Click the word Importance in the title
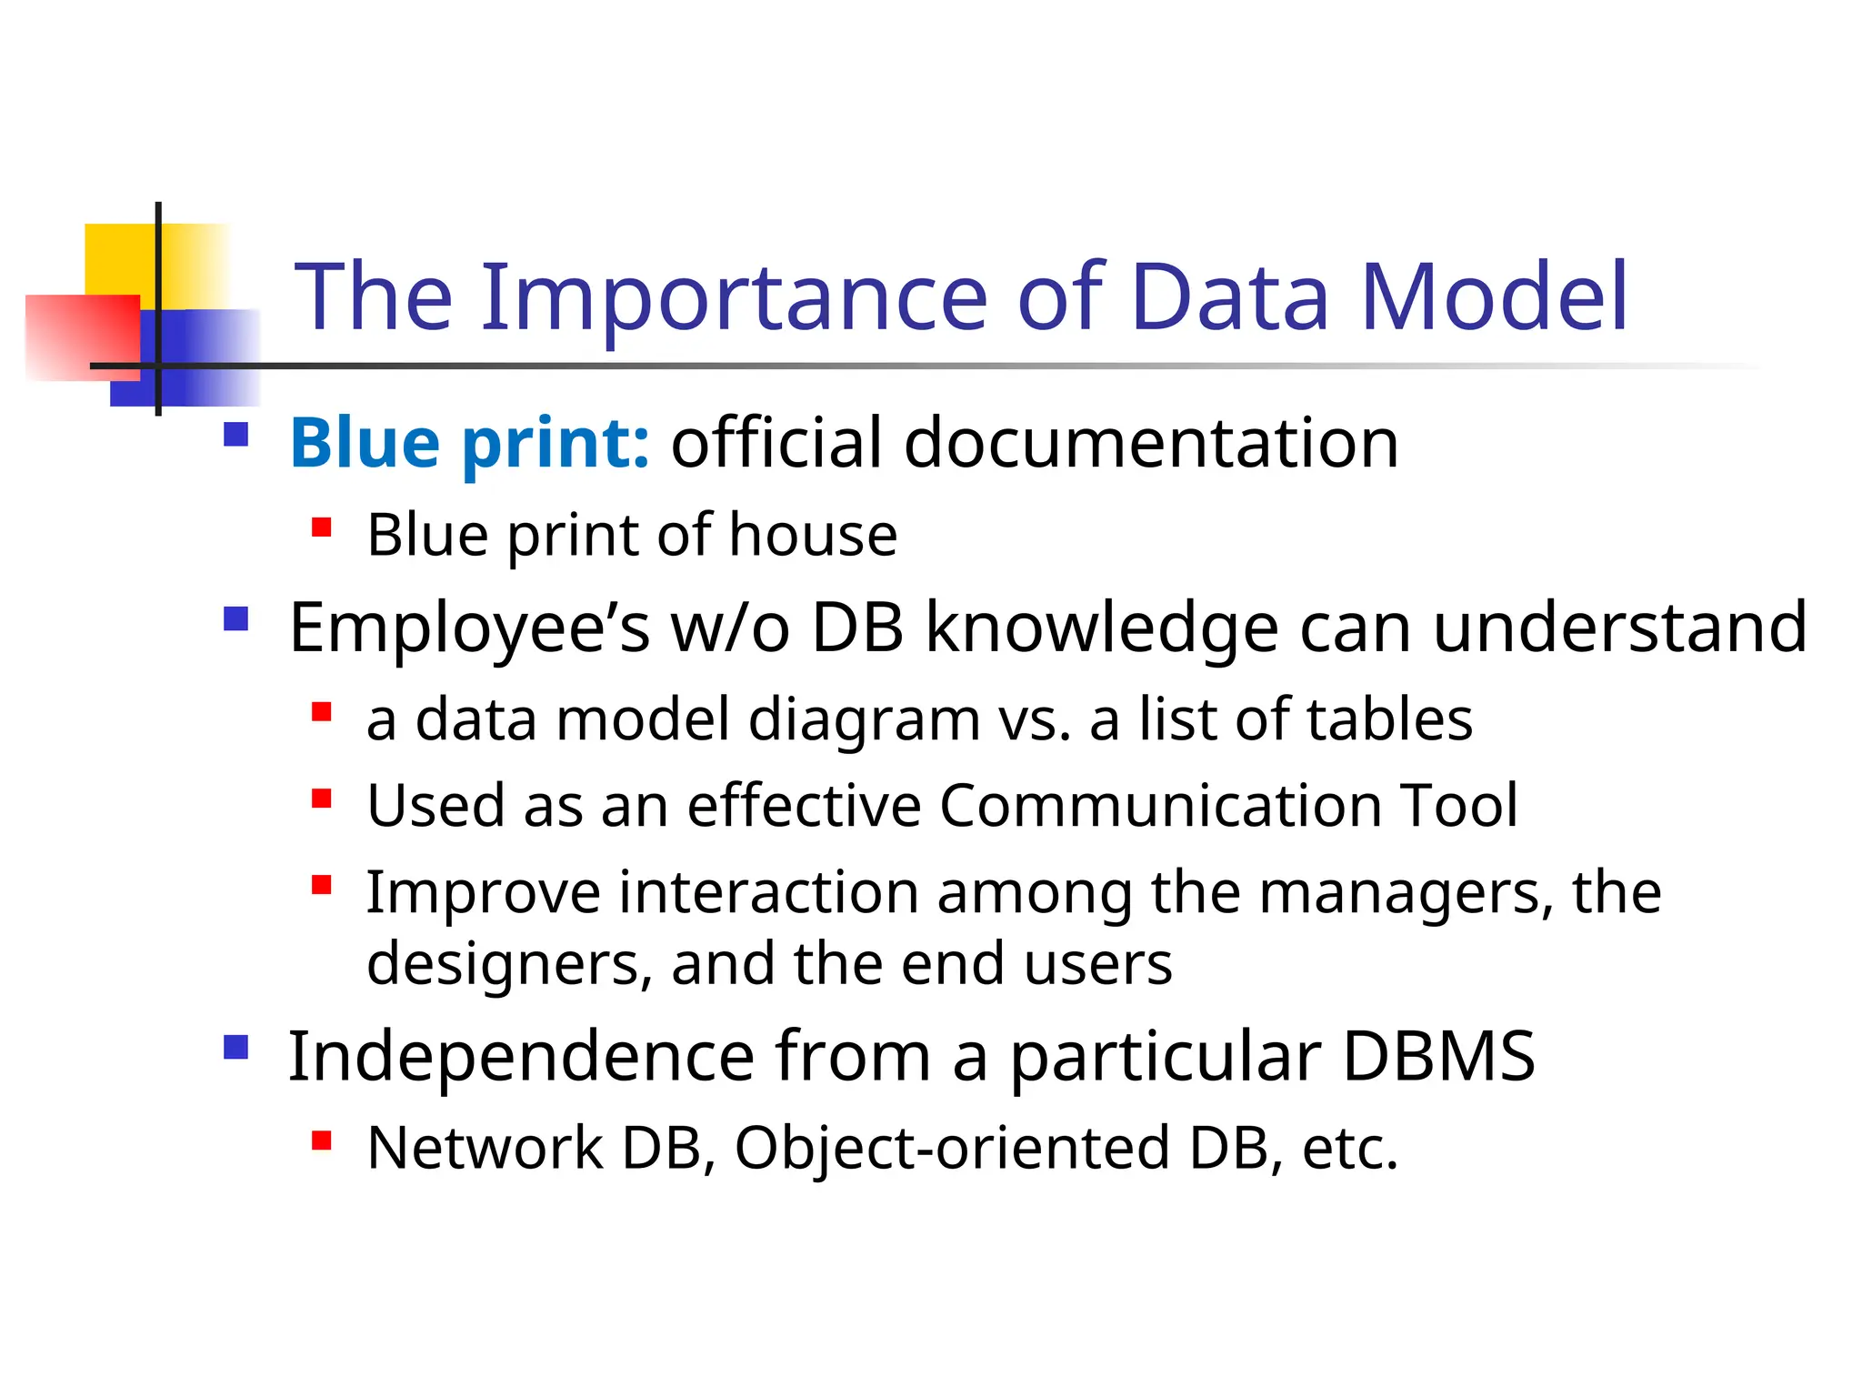[734, 297]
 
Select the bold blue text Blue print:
[469, 443]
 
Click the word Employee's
[469, 628]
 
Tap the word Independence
[521, 1057]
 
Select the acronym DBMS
[1438, 1057]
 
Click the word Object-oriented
[952, 1149]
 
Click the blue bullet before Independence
[236, 1048]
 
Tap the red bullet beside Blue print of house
[321, 528]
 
